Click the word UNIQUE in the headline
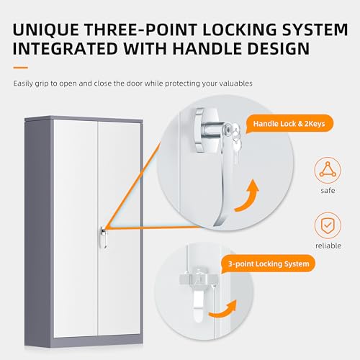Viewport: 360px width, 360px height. [45, 30]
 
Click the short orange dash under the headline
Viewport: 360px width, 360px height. [21, 68]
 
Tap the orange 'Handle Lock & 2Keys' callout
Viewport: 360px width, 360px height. [289, 124]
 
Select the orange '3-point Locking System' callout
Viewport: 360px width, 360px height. [269, 264]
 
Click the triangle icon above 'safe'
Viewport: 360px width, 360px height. [328, 170]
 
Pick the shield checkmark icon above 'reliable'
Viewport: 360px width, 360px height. [328, 225]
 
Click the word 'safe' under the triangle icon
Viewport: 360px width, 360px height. [328, 191]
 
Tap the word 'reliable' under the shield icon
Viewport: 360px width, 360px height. [328, 246]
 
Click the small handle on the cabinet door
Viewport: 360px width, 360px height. [104, 238]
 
